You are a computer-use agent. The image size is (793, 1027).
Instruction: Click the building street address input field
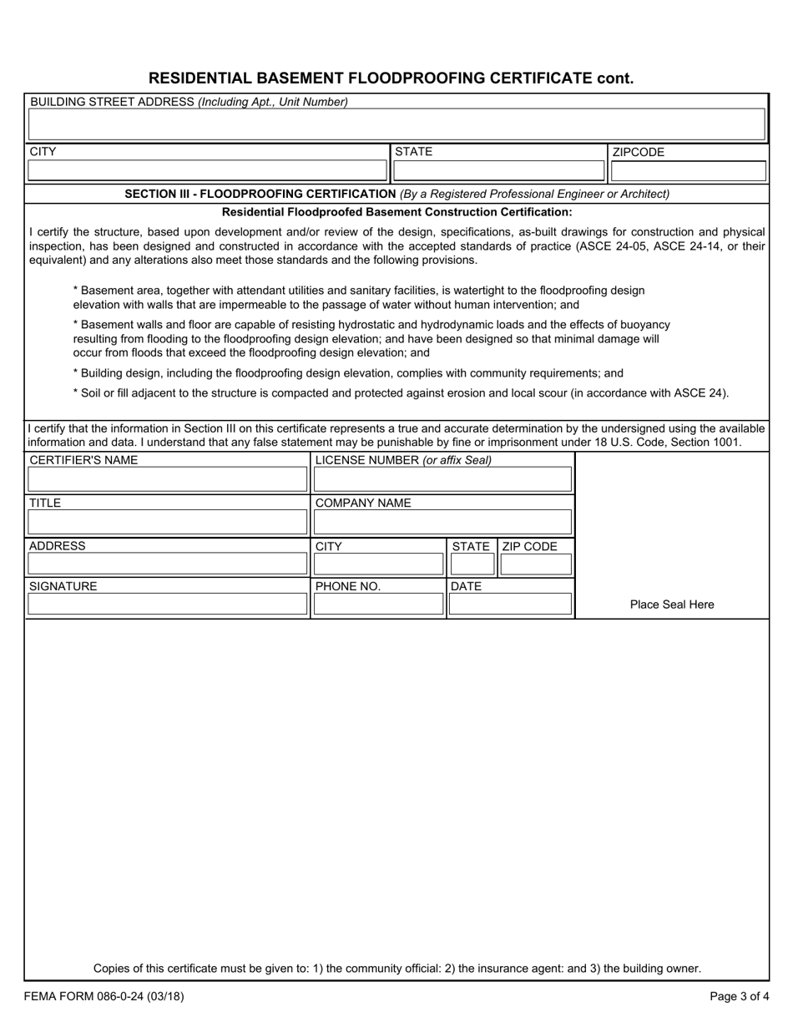[x=396, y=124]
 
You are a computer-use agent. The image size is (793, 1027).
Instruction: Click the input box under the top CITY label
[x=208, y=171]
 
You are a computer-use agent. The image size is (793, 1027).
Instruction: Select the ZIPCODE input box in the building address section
[x=688, y=171]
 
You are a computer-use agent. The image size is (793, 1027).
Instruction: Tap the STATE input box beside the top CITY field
[x=498, y=171]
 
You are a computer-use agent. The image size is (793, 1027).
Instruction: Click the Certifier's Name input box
[x=168, y=479]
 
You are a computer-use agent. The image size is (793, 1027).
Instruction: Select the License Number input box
[x=442, y=479]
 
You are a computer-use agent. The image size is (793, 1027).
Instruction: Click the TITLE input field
[x=168, y=523]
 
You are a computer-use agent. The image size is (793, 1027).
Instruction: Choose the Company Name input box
[x=442, y=523]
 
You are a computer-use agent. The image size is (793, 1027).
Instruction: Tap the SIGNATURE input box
[x=168, y=604]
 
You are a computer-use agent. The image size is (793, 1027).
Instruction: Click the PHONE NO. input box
[x=378, y=604]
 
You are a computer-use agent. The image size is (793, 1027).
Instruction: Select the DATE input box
[x=510, y=604]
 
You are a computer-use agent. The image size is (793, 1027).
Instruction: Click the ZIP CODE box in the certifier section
[x=536, y=564]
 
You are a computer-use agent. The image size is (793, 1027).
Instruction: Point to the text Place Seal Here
[x=672, y=605]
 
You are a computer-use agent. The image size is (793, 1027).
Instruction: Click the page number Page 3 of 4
[x=740, y=995]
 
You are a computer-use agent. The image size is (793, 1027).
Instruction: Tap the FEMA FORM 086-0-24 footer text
[x=104, y=995]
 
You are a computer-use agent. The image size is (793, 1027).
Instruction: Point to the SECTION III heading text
[x=260, y=194]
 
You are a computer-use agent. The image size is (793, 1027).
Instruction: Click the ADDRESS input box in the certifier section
[x=168, y=564]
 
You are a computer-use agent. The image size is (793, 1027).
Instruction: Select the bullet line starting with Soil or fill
[x=401, y=392]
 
